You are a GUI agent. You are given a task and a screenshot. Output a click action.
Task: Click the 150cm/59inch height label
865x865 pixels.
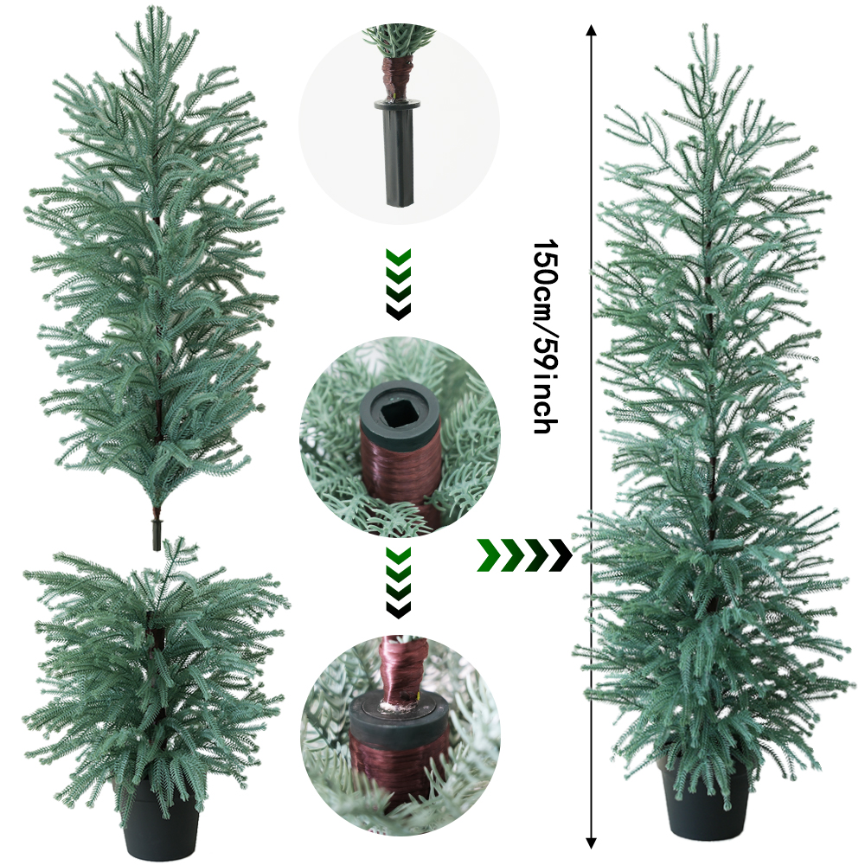543,336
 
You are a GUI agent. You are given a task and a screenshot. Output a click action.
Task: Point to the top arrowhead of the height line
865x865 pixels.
591,31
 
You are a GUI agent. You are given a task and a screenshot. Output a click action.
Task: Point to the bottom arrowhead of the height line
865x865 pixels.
591,842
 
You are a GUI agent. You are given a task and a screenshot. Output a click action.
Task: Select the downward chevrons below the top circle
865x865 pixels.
398,284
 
